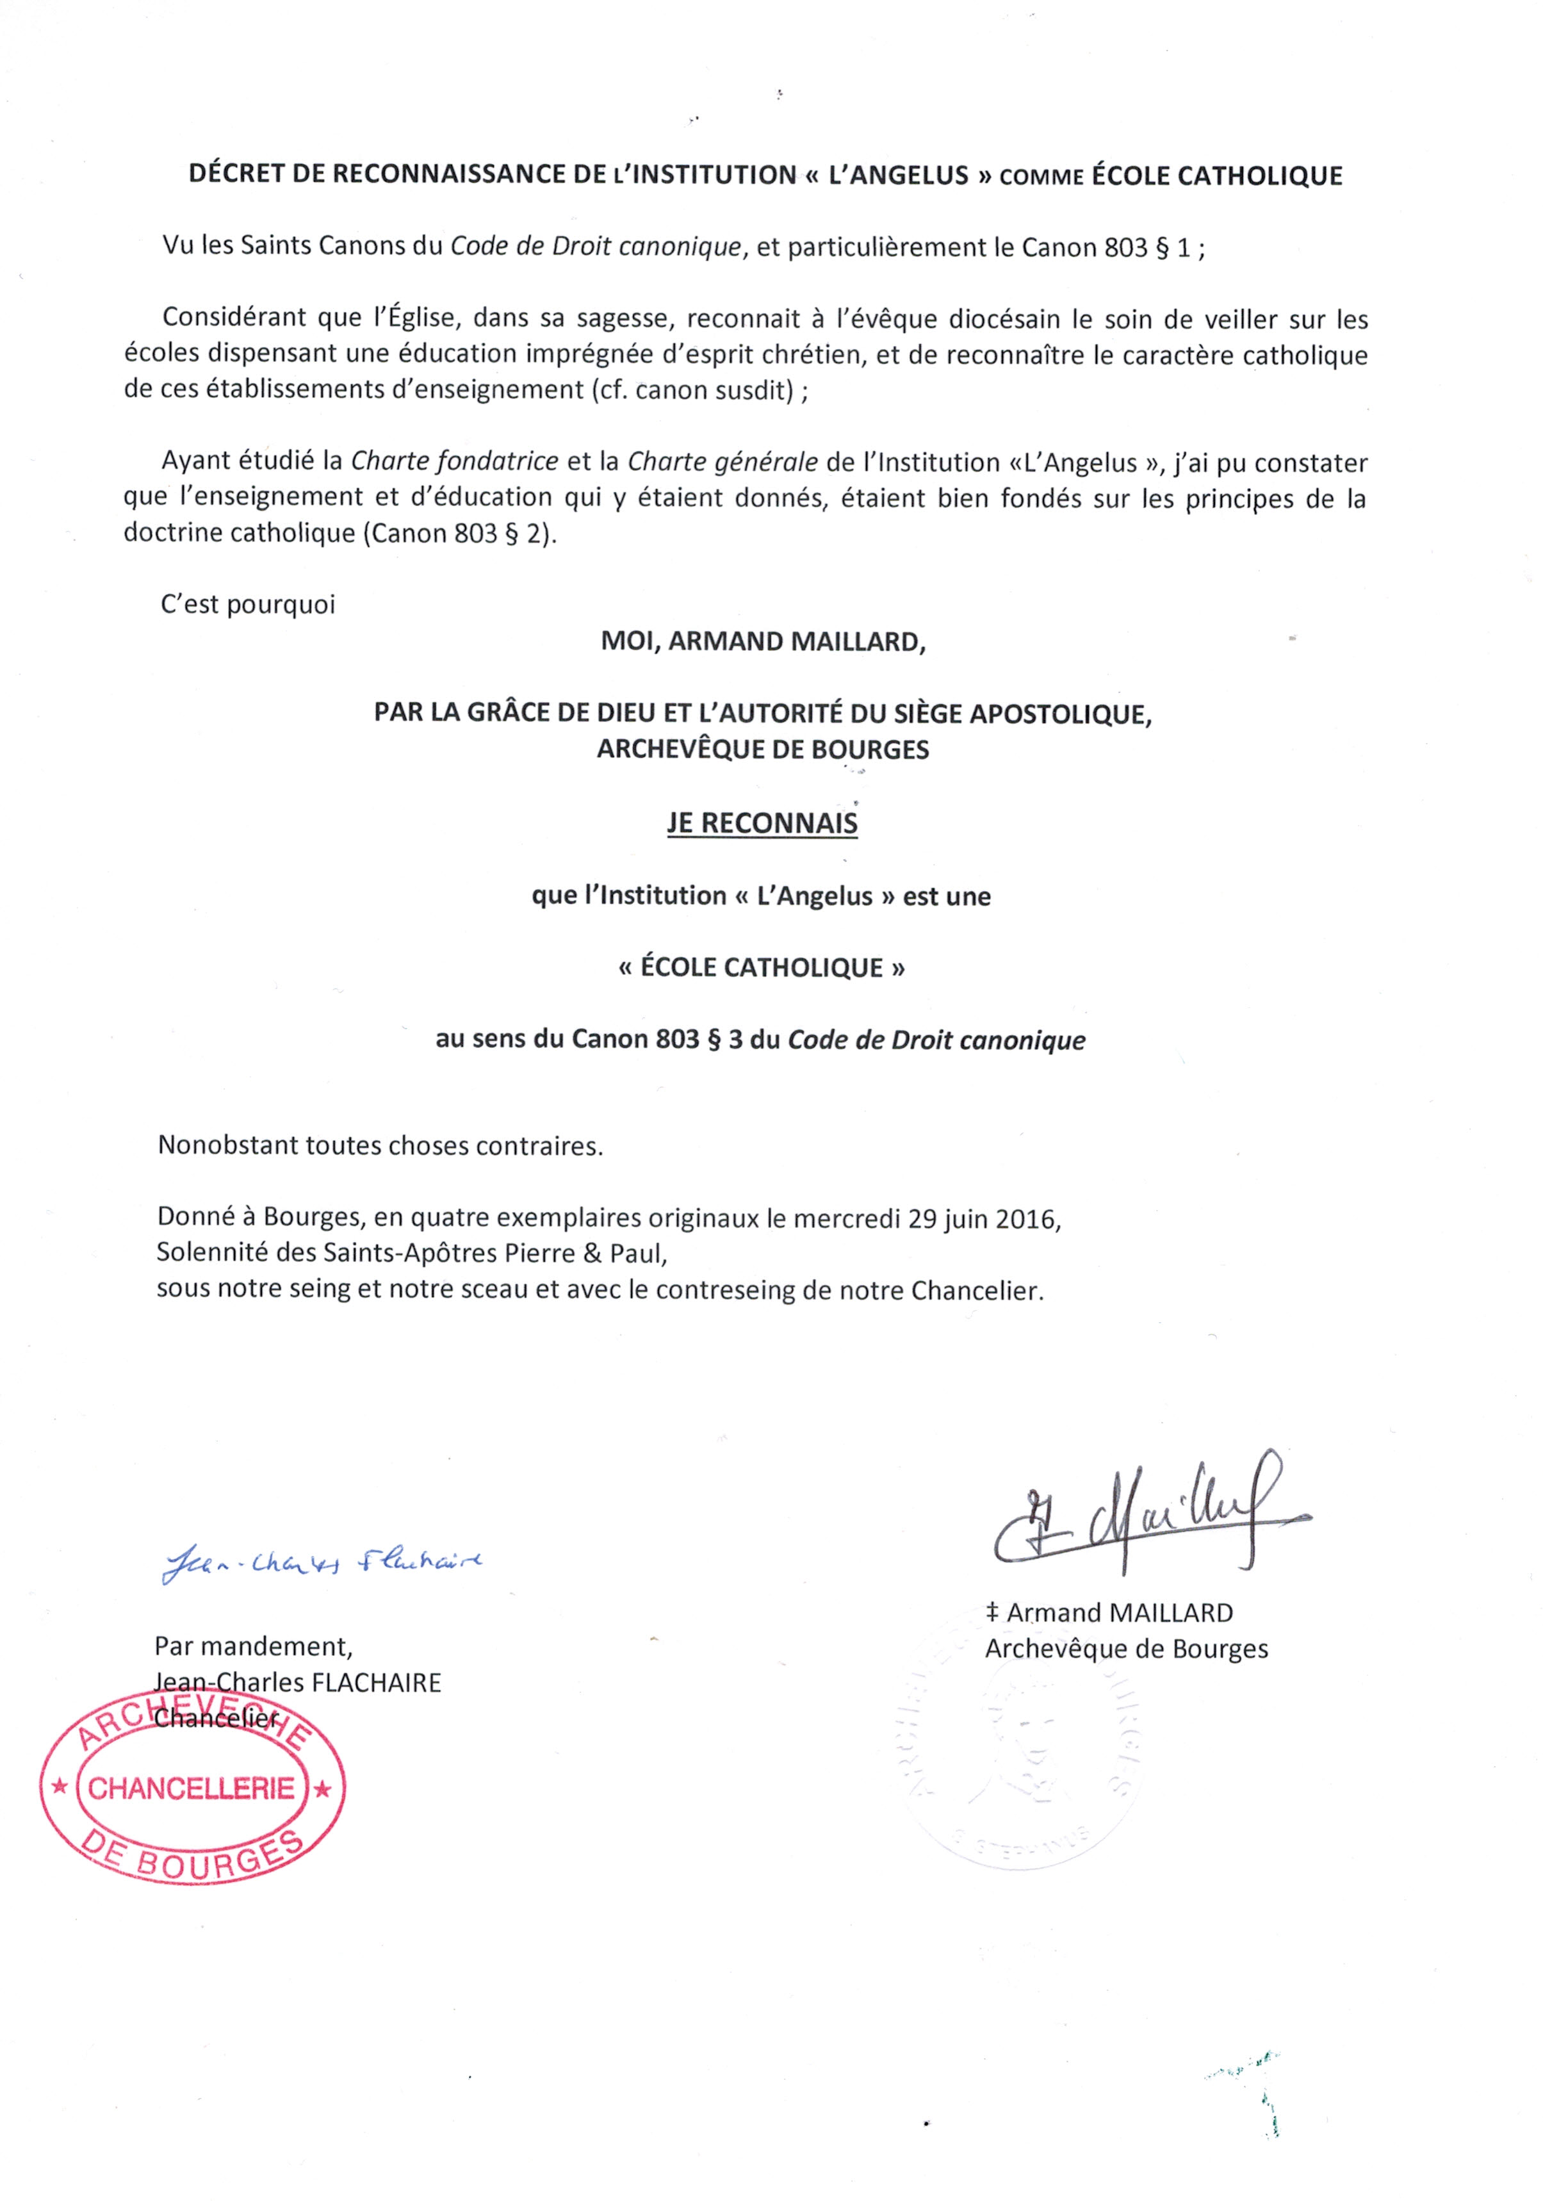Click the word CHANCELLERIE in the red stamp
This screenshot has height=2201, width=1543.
coord(192,1788)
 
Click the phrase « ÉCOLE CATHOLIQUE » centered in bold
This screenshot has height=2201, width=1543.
coord(762,967)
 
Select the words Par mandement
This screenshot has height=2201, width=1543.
coord(253,1646)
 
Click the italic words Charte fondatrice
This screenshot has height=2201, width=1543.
coord(454,461)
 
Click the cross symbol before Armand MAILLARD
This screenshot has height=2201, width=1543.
coord(992,1614)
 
